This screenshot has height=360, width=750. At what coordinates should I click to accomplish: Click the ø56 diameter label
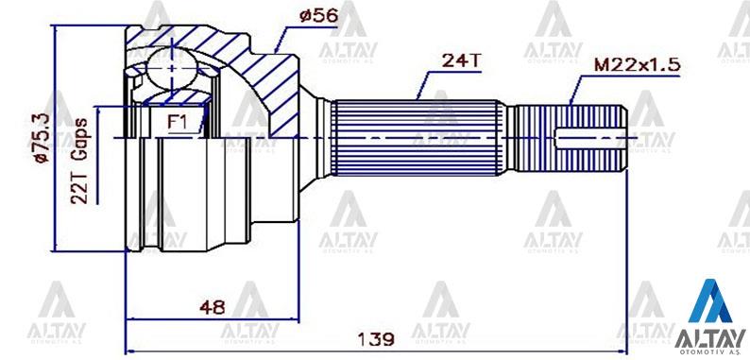318,15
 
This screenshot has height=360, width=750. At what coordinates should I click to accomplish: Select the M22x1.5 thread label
637,64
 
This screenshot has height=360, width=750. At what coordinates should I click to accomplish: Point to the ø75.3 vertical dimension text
43,138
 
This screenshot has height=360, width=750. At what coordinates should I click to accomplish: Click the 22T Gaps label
79,161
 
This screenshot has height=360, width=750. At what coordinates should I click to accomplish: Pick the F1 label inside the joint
177,122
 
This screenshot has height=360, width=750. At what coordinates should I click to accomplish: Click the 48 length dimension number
213,308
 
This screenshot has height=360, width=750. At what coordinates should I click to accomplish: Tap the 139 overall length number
377,339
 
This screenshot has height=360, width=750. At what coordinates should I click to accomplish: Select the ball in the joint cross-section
171,68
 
